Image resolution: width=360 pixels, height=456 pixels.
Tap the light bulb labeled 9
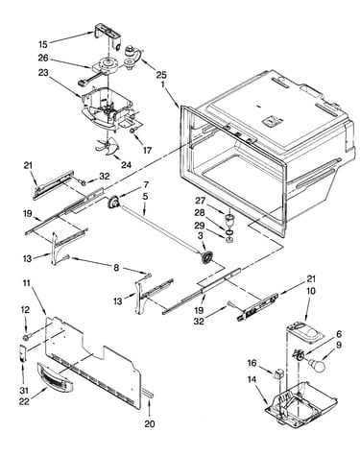click(317, 364)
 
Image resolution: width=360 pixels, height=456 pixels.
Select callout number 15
click(43, 44)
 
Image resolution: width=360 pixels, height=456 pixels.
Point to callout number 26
click(43, 58)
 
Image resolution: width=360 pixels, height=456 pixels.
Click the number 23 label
click(42, 73)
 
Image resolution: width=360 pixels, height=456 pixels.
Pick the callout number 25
click(161, 75)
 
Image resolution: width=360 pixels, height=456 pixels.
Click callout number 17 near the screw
click(147, 150)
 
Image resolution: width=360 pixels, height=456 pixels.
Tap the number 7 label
click(146, 184)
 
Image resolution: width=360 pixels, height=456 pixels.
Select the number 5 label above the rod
click(145, 196)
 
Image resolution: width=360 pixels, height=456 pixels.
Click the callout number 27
click(200, 201)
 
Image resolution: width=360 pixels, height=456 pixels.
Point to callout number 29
click(200, 226)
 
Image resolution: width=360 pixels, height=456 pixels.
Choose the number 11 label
click(27, 283)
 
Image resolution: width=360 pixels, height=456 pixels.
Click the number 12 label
click(25, 310)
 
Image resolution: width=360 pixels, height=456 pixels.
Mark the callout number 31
click(24, 391)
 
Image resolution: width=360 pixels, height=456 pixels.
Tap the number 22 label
click(24, 401)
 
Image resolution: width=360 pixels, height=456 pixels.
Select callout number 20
click(150, 424)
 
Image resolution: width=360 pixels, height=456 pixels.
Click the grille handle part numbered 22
click(55, 378)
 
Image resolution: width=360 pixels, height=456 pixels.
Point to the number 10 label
click(310, 291)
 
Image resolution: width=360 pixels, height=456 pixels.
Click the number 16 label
click(252, 363)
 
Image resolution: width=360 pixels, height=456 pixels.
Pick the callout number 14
click(252, 379)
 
